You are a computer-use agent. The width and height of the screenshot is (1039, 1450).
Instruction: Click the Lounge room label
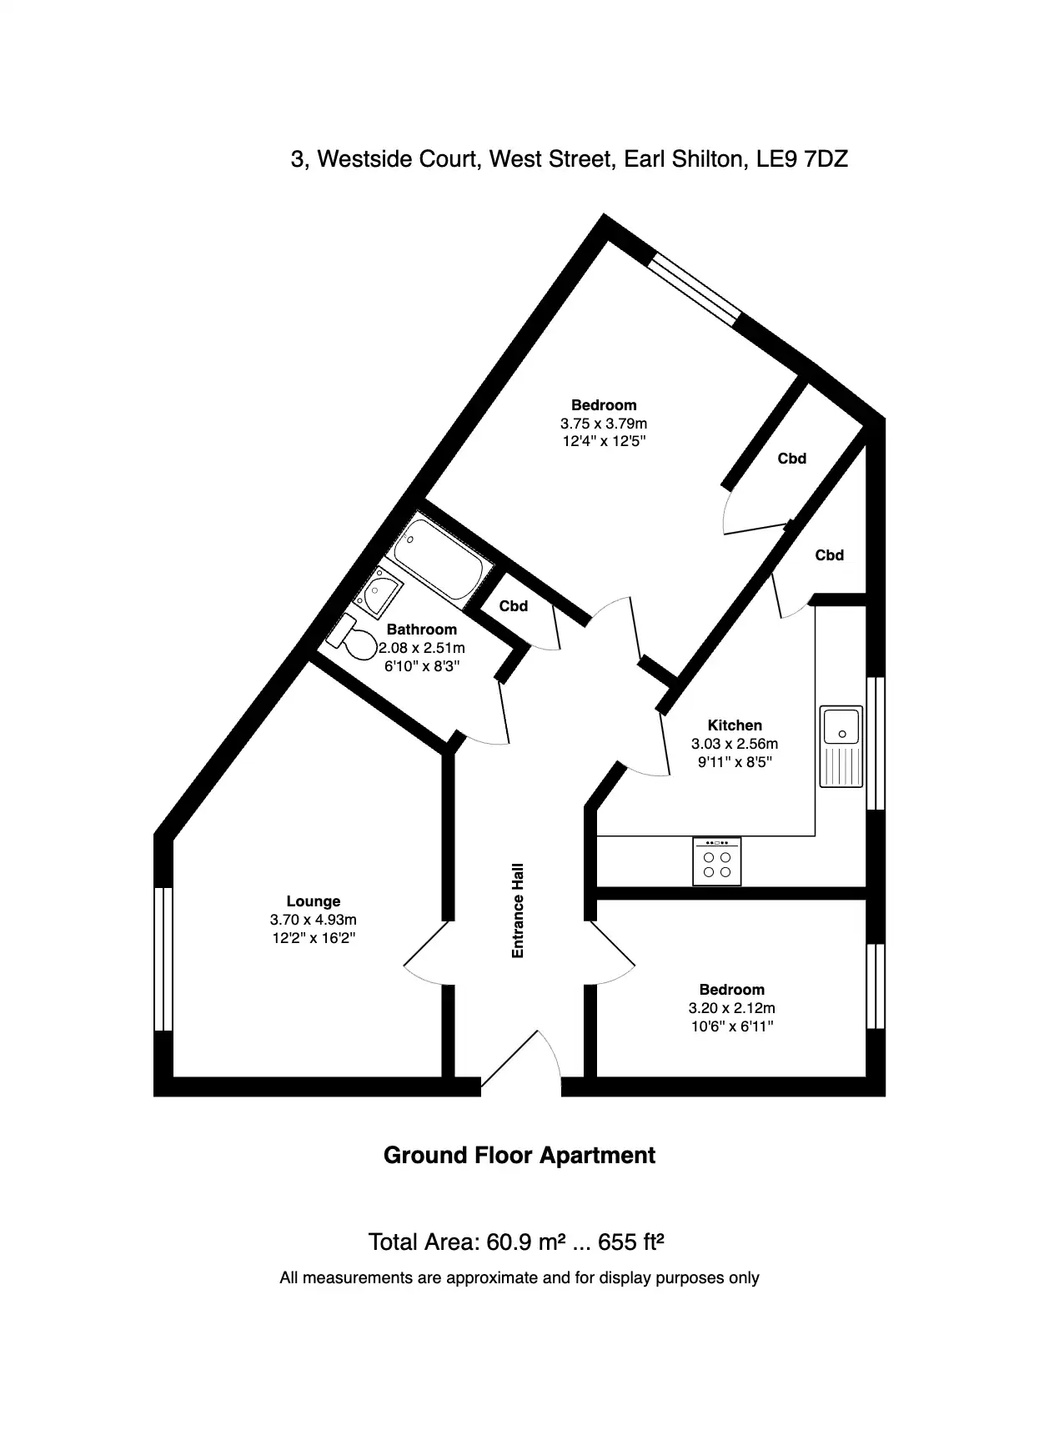(314, 901)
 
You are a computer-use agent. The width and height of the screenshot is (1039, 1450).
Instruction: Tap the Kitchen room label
(735, 725)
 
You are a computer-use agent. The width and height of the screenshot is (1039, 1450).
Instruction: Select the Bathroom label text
(422, 630)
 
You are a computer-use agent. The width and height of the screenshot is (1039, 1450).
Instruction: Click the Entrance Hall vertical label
(518, 910)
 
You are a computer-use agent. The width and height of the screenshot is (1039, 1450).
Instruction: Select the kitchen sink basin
(841, 725)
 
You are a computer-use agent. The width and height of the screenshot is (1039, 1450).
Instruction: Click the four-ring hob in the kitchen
(717, 861)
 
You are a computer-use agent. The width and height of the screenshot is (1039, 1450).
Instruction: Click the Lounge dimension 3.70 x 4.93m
(314, 920)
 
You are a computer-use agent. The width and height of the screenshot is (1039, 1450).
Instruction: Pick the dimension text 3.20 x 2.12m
(732, 1008)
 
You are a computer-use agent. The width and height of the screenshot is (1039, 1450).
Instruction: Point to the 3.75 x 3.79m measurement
(605, 424)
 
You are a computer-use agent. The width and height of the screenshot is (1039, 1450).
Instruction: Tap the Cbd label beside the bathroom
(514, 606)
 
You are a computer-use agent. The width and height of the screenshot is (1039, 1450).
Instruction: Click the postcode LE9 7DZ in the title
(802, 158)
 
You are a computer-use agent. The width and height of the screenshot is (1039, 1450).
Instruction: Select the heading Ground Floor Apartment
(519, 1156)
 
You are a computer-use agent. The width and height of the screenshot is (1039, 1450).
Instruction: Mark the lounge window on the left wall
(163, 959)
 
